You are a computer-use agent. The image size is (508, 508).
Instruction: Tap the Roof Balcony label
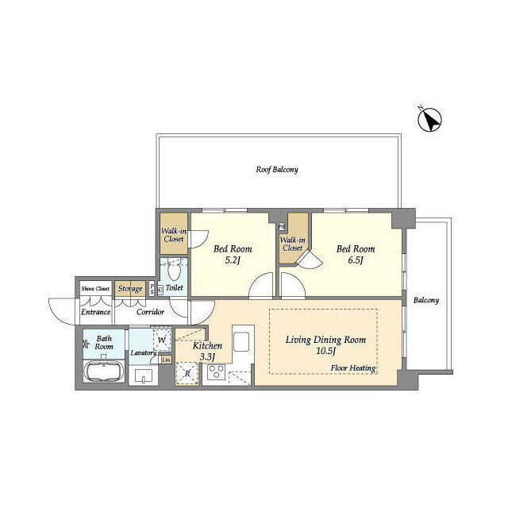pos(276,170)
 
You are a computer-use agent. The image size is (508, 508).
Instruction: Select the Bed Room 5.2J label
pos(233,254)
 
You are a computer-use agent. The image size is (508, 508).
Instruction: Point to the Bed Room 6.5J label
pos(355,254)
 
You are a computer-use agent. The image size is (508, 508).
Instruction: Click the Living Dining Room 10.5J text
pos(325,345)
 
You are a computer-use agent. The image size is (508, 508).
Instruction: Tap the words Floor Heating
pos(353,369)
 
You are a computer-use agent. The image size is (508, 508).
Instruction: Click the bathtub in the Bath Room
pos(102,373)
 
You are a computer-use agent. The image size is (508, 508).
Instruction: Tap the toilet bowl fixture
pos(174,267)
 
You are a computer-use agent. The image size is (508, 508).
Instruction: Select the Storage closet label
pos(130,289)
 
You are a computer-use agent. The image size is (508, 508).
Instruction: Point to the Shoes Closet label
pos(95,288)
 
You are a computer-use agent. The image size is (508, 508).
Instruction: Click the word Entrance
pos(96,312)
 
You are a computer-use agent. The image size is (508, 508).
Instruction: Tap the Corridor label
pos(150,312)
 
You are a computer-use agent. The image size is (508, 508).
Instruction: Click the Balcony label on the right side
pos(426,301)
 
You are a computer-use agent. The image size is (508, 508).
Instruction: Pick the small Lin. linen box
pos(166,360)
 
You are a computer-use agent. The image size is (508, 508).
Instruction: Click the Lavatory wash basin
pos(144,375)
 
